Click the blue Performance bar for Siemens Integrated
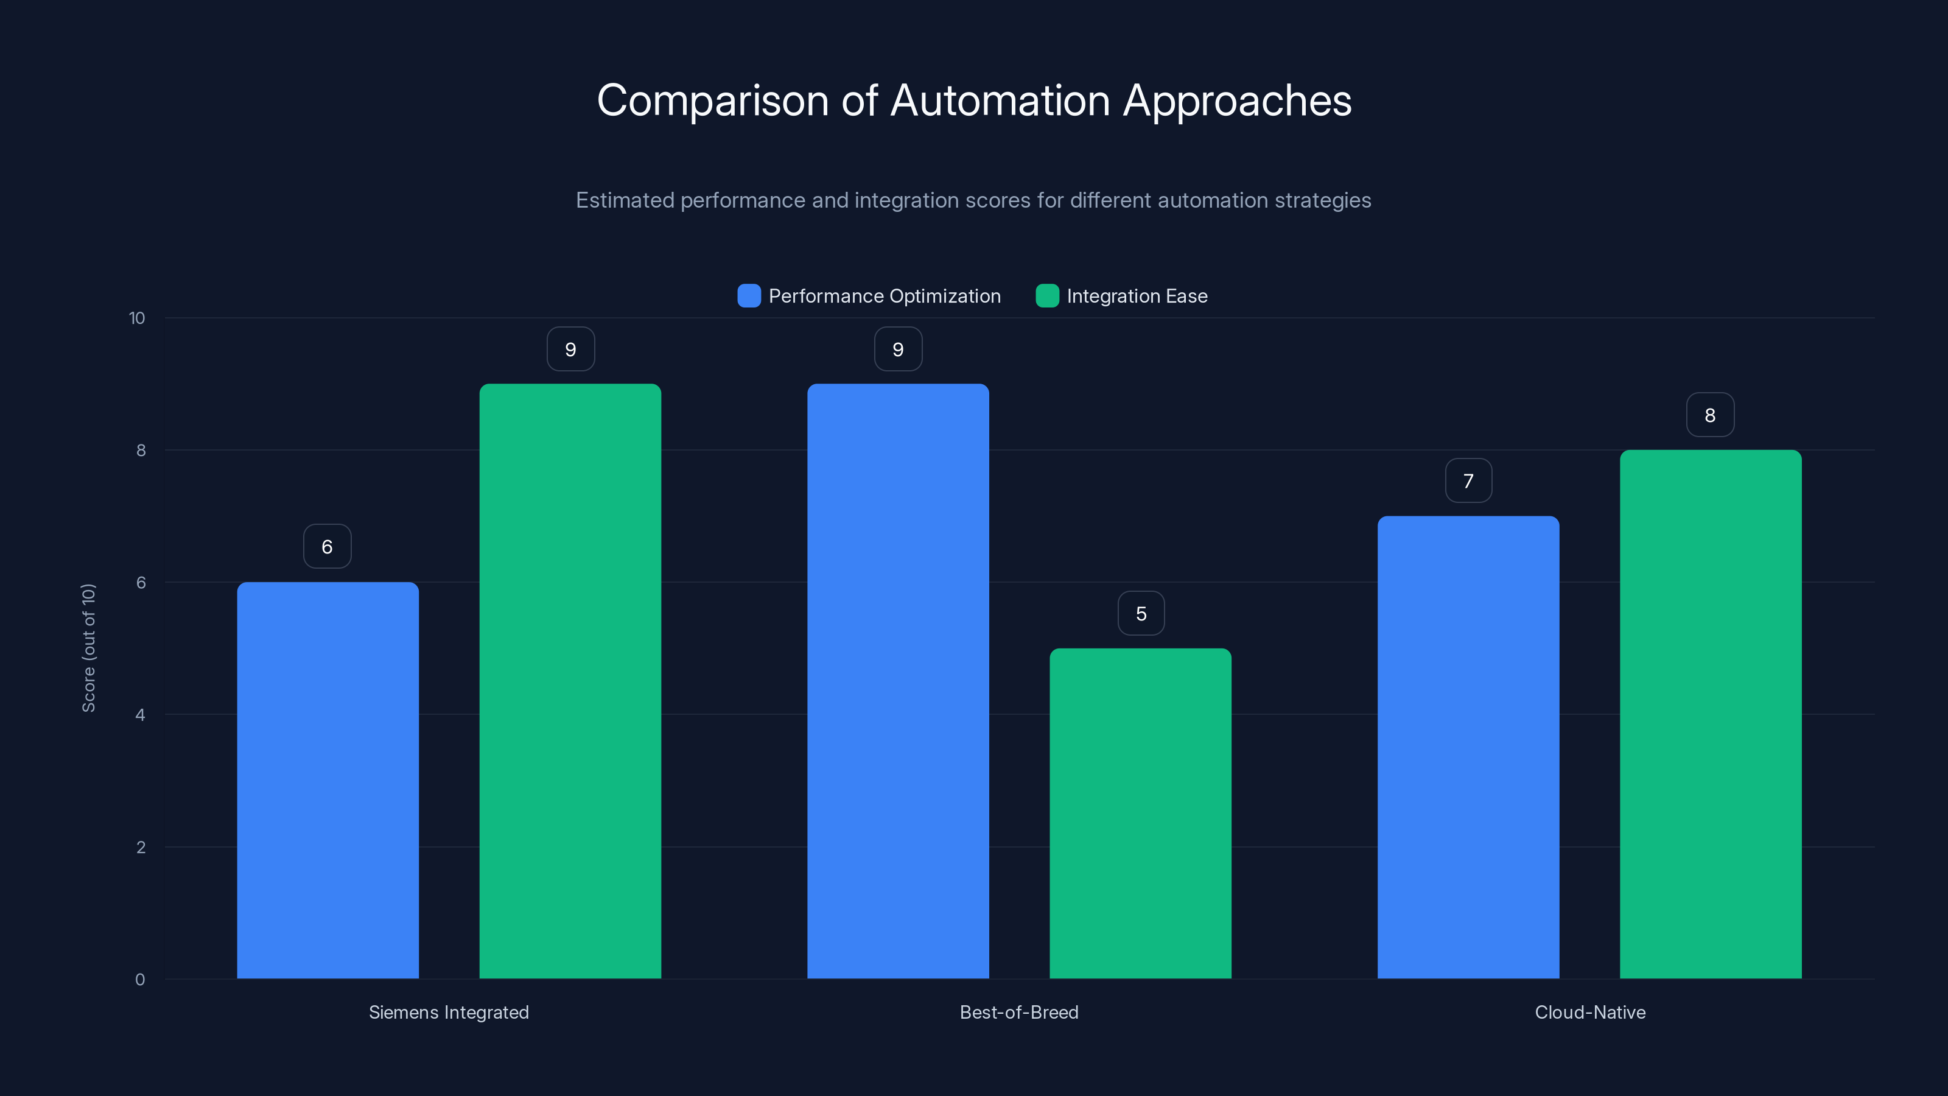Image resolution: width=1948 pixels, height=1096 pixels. [328, 779]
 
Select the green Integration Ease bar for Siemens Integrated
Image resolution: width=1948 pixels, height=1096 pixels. [570, 681]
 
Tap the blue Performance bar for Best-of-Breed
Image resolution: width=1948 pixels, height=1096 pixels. [898, 681]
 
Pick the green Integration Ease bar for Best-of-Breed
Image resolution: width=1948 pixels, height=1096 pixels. [1140, 813]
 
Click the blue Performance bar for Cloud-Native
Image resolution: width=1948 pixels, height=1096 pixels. [1468, 746]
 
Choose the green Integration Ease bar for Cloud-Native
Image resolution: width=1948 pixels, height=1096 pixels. [1711, 714]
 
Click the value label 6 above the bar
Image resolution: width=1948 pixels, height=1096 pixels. [328, 546]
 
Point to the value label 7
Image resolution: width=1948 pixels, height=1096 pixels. [1468, 481]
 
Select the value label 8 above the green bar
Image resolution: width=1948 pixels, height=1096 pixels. [1710, 415]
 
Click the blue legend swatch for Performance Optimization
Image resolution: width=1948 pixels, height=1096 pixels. [749, 296]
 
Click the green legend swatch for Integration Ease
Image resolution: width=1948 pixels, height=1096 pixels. [1046, 296]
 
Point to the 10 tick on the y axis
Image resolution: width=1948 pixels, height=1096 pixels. [137, 318]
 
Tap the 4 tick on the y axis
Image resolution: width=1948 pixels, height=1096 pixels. [141, 715]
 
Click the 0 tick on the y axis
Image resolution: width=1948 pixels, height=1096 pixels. [141, 980]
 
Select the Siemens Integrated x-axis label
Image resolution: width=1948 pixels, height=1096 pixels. [449, 1012]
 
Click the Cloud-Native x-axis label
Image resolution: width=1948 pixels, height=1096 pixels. [1589, 1012]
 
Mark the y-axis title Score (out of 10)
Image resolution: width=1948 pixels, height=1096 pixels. [88, 647]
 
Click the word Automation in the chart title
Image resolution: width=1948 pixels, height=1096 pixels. [1000, 100]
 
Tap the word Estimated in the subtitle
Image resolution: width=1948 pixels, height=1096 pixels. [625, 200]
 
